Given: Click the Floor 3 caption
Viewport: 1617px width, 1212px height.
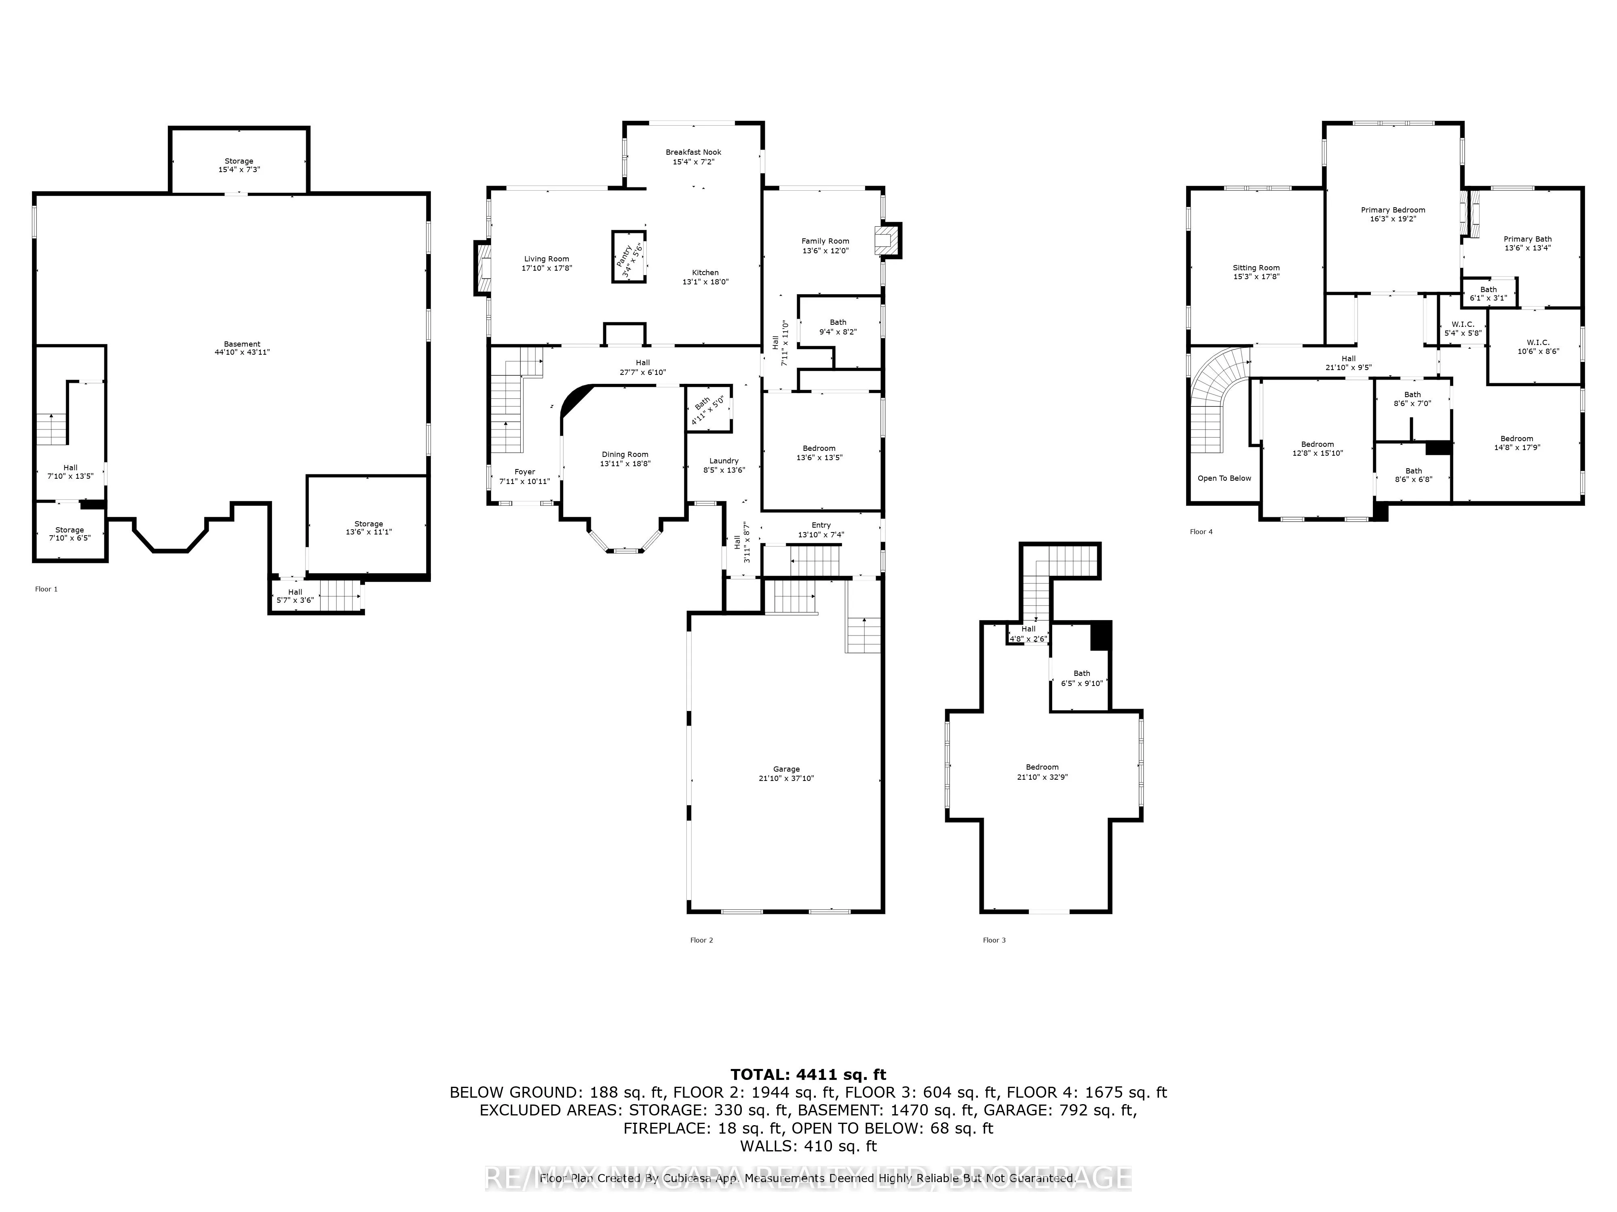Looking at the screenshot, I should point(994,940).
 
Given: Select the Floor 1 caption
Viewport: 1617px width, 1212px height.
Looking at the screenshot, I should point(46,589).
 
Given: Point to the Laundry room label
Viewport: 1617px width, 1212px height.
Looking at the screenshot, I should point(724,461).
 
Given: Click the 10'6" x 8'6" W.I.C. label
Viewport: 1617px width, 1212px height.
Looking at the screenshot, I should point(1537,343).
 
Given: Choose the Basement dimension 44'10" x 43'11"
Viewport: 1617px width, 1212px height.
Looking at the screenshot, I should point(242,352).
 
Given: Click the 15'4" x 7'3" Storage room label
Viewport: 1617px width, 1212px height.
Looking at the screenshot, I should point(239,162).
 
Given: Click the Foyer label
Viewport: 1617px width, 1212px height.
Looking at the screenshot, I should point(524,472).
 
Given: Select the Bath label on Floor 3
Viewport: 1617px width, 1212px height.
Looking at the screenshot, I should point(1081,673).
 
